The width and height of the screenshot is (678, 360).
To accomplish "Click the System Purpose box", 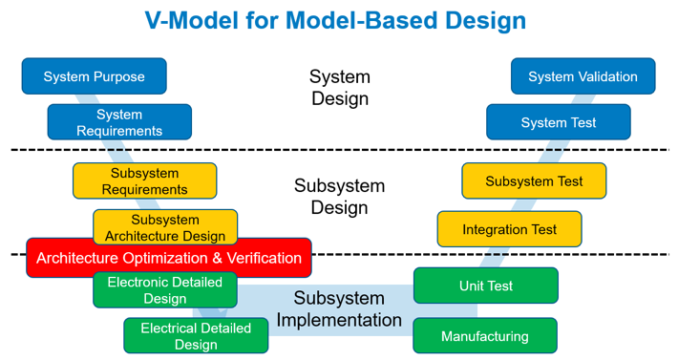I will [x=94, y=76].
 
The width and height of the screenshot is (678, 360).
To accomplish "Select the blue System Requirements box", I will [x=119, y=122].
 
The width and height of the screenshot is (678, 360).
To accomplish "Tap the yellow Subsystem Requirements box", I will [x=144, y=180].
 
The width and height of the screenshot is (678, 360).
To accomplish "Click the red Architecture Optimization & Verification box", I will [x=169, y=258].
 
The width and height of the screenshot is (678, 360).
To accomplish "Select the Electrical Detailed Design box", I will [x=196, y=335].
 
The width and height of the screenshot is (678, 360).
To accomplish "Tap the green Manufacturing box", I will [x=484, y=336].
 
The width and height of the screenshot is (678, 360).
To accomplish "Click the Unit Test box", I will [x=485, y=286].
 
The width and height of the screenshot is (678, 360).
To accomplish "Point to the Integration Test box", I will [x=509, y=229].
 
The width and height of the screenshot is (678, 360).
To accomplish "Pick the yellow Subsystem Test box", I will [x=533, y=180].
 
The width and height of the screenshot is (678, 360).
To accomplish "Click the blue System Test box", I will [x=558, y=122].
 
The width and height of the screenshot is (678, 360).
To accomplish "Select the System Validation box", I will [x=583, y=76].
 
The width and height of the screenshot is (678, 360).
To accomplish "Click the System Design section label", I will [x=339, y=87].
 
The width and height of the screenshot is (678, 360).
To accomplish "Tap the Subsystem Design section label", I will [x=339, y=196].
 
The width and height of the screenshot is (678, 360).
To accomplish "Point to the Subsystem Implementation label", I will [x=339, y=309].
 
